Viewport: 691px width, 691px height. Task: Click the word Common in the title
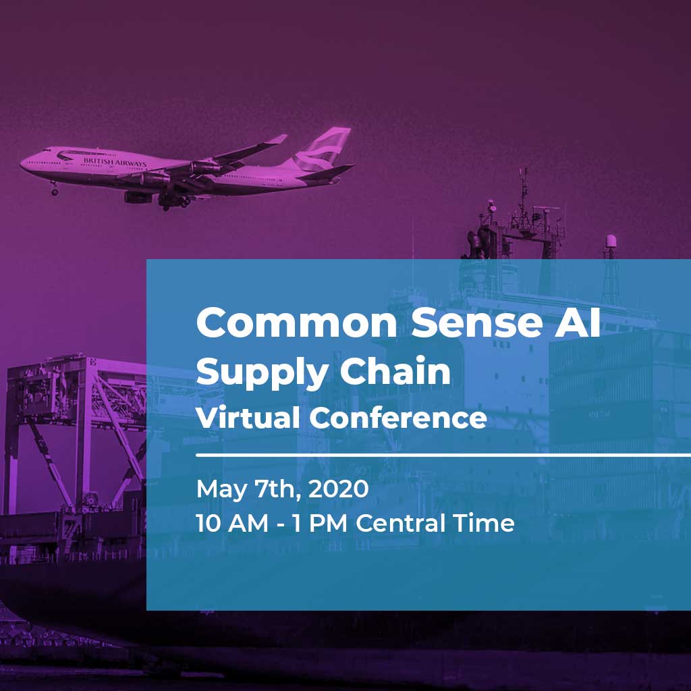click(297, 323)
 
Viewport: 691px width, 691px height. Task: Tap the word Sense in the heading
click(476, 323)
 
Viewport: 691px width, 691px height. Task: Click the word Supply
click(261, 372)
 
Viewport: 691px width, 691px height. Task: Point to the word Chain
click(395, 370)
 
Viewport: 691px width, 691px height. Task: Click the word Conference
click(398, 417)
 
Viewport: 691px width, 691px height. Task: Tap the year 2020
click(338, 489)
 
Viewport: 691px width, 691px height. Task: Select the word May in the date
click(221, 490)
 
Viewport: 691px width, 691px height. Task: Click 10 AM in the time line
click(232, 524)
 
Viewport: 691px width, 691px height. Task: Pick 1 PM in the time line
click(319, 524)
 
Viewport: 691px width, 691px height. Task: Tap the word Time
click(483, 523)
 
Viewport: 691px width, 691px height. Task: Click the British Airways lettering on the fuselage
click(115, 162)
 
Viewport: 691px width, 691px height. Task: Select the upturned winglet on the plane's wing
click(277, 139)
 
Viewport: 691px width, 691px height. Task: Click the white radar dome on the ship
click(611, 242)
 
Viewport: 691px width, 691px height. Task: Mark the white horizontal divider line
click(443, 455)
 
